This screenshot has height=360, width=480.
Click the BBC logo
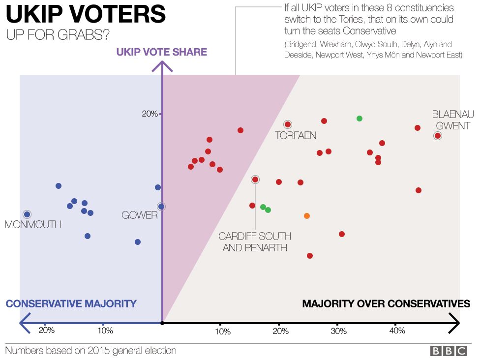point(449,351)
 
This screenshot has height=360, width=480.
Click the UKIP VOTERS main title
point(86,15)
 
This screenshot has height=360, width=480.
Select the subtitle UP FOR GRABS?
point(58,35)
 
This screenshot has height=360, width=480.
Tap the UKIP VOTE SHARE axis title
point(162,52)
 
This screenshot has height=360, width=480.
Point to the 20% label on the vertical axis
point(150,114)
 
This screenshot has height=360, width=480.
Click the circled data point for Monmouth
point(27,214)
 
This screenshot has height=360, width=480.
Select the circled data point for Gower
point(161,207)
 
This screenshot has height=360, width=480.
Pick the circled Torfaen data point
point(288,124)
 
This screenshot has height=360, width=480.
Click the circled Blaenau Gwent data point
point(438,136)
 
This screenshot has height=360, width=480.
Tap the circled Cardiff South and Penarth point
point(255,180)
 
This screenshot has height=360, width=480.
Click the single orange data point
point(307,216)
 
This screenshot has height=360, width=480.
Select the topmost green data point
point(360,119)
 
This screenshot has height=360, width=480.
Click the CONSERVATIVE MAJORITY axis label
point(71,303)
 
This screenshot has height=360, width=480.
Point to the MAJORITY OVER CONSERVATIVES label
point(386,303)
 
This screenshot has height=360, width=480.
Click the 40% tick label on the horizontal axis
point(397,331)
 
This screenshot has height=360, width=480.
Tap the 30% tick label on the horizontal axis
point(338,331)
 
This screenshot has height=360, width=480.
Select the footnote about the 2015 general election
point(90,351)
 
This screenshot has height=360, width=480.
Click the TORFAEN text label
point(295,136)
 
